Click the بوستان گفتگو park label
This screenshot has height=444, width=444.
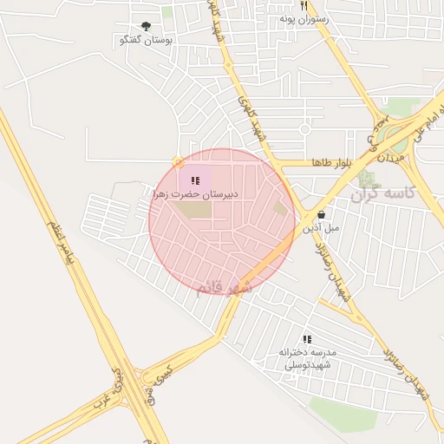146,40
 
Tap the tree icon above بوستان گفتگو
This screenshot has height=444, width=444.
146,26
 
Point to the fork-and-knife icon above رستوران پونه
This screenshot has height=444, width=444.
304,4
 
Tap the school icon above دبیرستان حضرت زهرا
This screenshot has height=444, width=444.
195,180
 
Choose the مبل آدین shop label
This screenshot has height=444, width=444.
322,228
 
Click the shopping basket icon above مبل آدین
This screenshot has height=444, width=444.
322,214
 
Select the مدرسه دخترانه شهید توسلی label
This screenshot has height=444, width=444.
308,358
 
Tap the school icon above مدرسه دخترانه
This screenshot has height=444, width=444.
306,338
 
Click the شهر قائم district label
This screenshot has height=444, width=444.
223,286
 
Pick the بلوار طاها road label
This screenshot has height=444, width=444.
315,163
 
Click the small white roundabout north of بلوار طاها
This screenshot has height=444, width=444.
304,130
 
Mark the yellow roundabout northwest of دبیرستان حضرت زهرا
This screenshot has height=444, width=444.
179,161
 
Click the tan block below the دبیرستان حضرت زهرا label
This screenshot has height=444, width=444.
196,209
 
